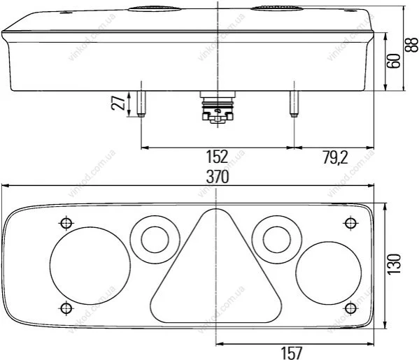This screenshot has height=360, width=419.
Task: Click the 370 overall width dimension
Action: pos(218,177)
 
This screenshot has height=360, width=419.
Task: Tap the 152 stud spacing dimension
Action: pos(217,157)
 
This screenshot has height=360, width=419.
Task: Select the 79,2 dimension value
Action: pos(336,157)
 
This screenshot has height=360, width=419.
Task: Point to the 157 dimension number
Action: pos(292,353)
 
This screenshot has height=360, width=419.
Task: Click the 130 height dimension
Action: pos(395,264)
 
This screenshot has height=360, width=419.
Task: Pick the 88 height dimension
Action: pos(411,45)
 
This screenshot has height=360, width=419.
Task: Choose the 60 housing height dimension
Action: pos(394,61)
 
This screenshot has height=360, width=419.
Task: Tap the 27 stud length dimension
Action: pos(118,102)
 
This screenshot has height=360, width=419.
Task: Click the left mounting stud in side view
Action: pos(141,104)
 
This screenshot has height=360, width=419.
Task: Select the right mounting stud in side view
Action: pos(294,104)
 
